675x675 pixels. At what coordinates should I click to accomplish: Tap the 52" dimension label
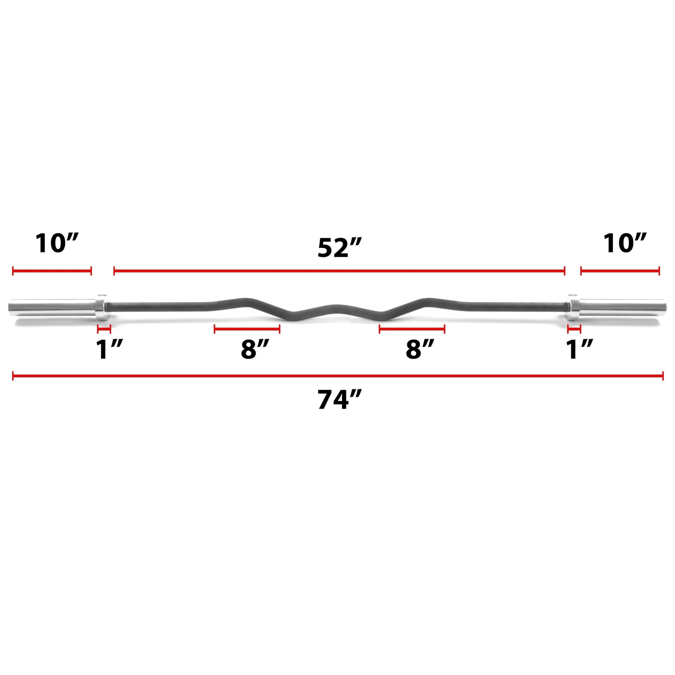tap(338, 248)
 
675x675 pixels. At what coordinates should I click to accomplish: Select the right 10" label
tap(625, 243)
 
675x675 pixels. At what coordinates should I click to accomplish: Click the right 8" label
tap(420, 349)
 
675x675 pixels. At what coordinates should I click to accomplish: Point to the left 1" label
tap(109, 349)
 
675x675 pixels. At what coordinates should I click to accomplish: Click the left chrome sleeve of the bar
tap(52, 307)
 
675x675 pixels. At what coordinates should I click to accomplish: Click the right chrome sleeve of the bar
tap(622, 307)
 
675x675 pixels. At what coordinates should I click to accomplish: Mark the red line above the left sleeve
tap(52, 271)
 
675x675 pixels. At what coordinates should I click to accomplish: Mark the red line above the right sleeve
tap(620, 271)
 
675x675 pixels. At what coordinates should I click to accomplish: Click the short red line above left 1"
tap(104, 329)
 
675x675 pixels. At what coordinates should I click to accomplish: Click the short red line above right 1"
tap(574, 329)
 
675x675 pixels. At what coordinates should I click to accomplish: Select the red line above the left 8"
tap(247, 329)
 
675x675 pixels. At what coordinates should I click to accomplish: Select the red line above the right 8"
tap(412, 329)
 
